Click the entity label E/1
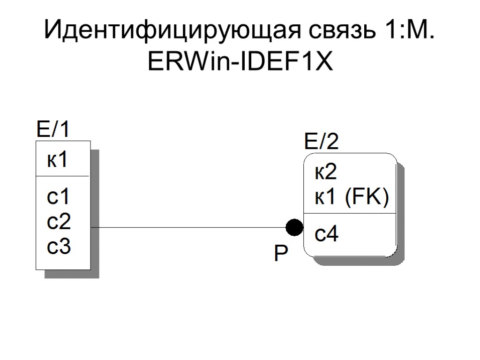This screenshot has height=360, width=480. coord(53,129)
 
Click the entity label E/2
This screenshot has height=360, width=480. coord(322,142)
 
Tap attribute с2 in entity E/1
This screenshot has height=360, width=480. coord(59,221)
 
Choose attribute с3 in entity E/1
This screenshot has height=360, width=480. coord(59,246)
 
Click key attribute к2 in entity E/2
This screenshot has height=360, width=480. coord(325,173)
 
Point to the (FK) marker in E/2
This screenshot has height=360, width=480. coord(367,198)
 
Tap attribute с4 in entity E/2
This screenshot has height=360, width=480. coord(326,233)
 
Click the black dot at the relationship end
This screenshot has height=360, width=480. coord(294,228)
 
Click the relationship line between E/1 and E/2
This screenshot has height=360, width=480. coord(187,228)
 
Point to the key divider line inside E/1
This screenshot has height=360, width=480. coord(63,176)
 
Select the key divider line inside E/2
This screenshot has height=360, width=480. coord(350,213)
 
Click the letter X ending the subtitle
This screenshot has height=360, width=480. coord(323,61)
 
